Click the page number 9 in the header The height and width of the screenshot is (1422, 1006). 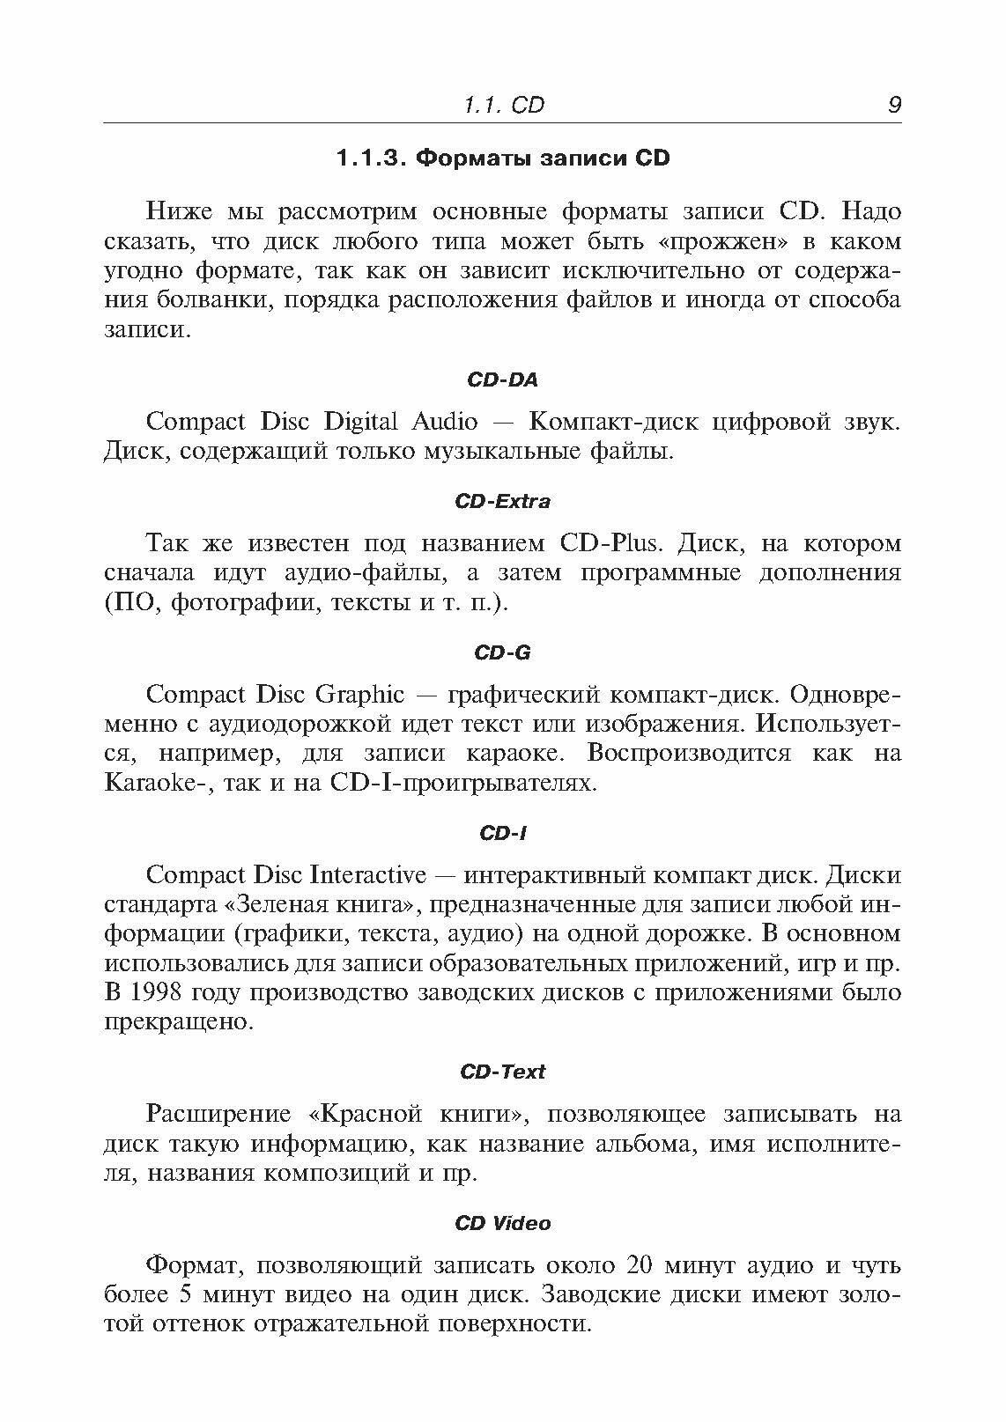(x=894, y=106)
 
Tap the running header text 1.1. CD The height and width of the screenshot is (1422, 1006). (x=503, y=106)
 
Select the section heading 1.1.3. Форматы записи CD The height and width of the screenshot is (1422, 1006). (x=503, y=158)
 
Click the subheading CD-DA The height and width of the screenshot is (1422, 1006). (x=502, y=379)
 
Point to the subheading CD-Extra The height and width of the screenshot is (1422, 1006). (x=502, y=501)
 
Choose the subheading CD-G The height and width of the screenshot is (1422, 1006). (x=502, y=652)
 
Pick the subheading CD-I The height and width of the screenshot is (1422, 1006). (x=502, y=832)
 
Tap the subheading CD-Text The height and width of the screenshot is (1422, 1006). (x=502, y=1072)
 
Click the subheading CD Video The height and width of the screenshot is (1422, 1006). (x=502, y=1223)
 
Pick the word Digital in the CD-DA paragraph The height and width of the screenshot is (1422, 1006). (x=361, y=422)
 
